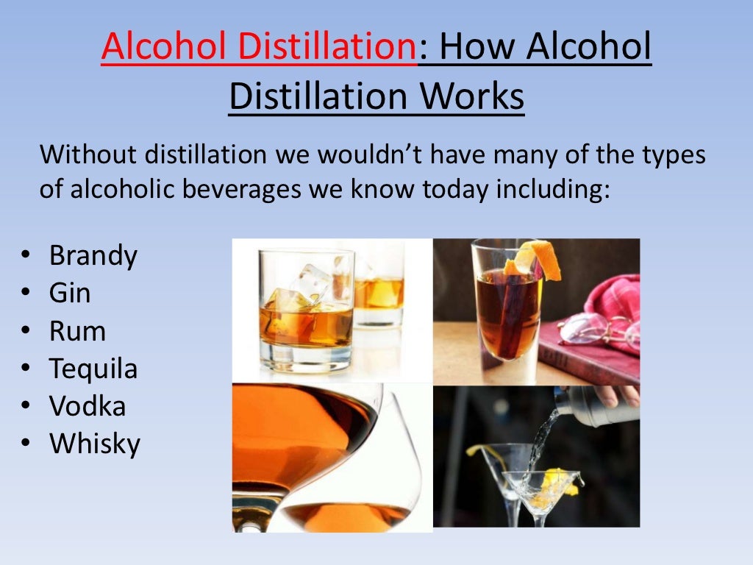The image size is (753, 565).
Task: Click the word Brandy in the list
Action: coord(93,256)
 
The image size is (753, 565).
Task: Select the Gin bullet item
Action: coord(70,294)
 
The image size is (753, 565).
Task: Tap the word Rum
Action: coord(77,332)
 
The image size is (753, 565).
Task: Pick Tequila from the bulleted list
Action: coord(93,369)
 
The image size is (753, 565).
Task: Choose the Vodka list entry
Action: coord(88,407)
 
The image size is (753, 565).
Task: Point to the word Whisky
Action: coord(94,444)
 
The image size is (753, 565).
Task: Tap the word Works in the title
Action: coord(479,97)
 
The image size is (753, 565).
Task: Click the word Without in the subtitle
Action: coord(88,155)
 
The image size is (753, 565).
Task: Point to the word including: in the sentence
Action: coord(554,189)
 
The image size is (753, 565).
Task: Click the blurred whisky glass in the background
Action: coord(378,291)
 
